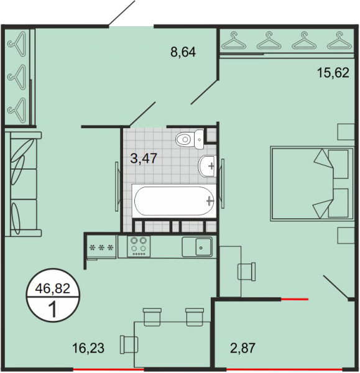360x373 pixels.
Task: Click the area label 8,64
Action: (x=183, y=52)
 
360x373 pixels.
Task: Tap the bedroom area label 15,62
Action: (x=333, y=73)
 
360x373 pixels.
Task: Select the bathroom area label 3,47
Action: (x=144, y=158)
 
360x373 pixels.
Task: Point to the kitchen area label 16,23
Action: (x=88, y=348)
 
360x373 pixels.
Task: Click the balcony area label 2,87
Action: (x=242, y=348)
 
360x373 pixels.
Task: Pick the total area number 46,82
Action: (x=53, y=288)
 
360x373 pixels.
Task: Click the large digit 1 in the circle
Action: (x=52, y=310)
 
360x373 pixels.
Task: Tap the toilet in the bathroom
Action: (x=190, y=139)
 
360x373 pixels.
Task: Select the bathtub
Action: (x=174, y=201)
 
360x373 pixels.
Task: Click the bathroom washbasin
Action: (x=207, y=166)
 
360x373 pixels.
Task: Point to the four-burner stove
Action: (x=139, y=246)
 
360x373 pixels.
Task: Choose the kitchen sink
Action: (x=197, y=247)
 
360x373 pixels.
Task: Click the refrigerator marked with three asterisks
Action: (x=101, y=247)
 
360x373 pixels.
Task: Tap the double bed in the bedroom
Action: (x=312, y=183)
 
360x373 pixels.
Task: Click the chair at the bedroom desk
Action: (x=247, y=272)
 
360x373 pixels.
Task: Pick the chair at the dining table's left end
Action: (x=129, y=344)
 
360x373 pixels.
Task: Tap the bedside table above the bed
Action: (x=346, y=132)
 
